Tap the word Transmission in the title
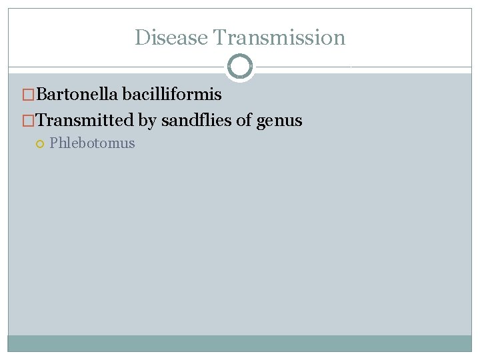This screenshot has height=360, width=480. pyautogui.click(x=279, y=37)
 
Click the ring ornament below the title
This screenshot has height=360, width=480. pyautogui.click(x=240, y=67)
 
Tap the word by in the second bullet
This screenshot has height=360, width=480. pyautogui.click(x=147, y=121)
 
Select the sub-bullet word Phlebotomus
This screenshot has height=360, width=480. pyautogui.click(x=92, y=143)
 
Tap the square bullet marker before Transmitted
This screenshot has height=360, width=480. pyautogui.click(x=27, y=121)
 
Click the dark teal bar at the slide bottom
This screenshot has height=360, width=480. pyautogui.click(x=240, y=343)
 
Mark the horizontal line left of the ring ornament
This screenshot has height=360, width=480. pyautogui.click(x=117, y=67)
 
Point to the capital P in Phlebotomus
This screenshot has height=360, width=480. pyautogui.click(x=53, y=143)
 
